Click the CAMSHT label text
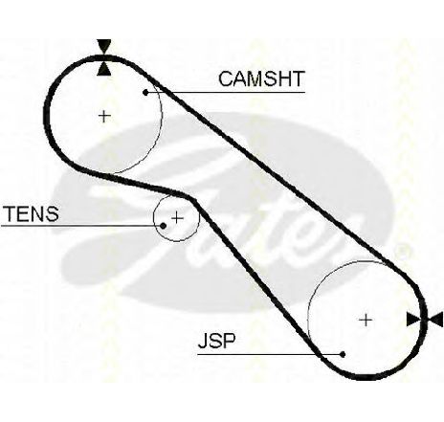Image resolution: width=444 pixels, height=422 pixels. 261,78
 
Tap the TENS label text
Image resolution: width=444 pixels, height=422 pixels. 32,213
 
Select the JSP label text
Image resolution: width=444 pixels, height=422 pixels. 217,341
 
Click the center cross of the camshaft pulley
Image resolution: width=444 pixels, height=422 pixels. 104,116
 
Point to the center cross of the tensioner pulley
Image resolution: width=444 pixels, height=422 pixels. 177,218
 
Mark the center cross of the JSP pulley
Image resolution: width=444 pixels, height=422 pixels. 366,320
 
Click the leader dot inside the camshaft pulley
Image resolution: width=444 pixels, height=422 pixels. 145,93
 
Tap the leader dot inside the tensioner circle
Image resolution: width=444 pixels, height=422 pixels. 163,226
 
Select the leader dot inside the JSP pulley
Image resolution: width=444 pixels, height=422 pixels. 343,354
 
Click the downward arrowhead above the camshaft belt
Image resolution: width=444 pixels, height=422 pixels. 104,47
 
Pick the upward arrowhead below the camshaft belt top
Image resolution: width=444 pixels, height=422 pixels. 104,69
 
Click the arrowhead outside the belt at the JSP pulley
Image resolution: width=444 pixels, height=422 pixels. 435,320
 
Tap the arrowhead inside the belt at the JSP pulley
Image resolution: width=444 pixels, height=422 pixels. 414,320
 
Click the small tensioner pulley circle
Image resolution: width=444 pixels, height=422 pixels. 199,218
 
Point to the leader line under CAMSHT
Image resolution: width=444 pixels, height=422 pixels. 225,93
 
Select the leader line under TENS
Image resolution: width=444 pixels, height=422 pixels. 82,226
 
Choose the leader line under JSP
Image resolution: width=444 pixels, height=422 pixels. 271,354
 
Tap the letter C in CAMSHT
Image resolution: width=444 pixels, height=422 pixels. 227,78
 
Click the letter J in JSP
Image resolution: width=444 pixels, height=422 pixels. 203,341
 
